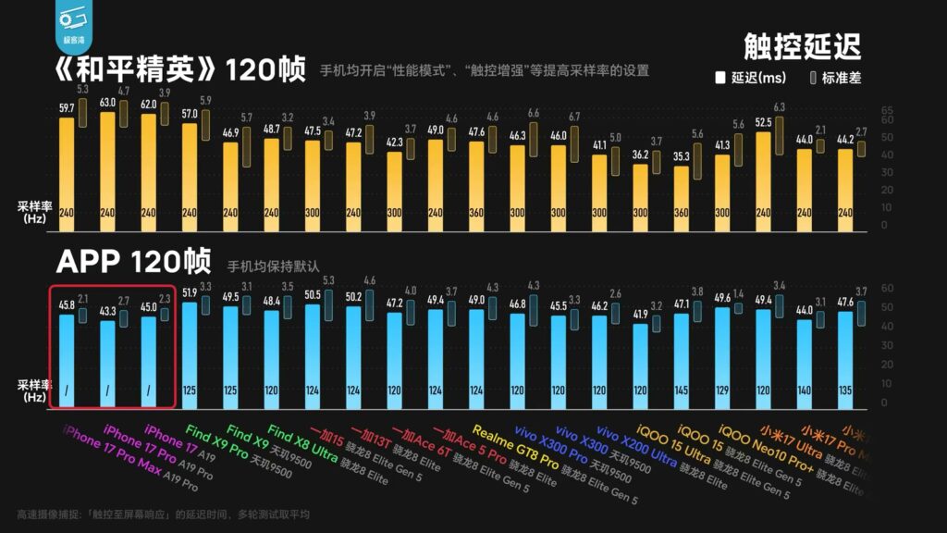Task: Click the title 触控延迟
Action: point(802,45)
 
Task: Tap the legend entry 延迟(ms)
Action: point(751,79)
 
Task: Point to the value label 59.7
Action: point(67,108)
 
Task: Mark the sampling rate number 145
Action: point(681,390)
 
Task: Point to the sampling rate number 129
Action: point(722,390)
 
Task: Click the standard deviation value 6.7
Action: point(574,117)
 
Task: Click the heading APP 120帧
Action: point(133,262)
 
